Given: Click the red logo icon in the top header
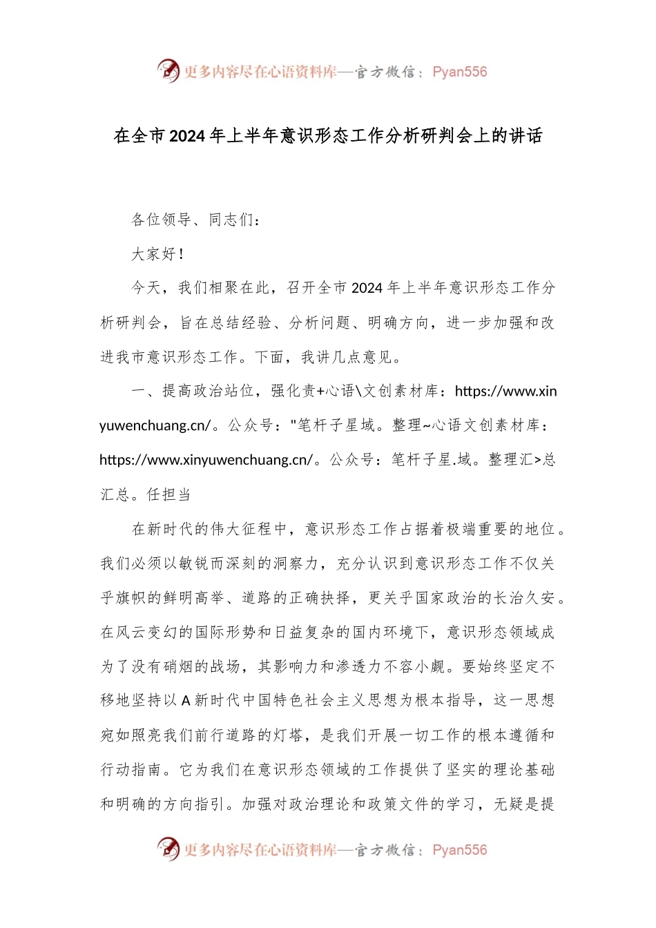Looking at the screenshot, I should (168, 70).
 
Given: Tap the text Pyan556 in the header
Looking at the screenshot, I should (459, 72).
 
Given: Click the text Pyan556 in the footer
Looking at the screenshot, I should (459, 850).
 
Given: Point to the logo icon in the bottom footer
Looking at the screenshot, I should (168, 849).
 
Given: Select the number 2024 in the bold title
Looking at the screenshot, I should (187, 136).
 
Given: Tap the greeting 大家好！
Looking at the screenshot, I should (158, 254).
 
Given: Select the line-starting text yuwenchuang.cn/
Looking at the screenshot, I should (155, 425).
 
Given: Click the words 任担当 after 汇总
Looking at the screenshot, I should (169, 494).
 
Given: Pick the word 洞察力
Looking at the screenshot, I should (296, 563).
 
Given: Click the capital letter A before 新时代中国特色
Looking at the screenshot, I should (186, 701).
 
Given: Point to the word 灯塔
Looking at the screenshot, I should (288, 735).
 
